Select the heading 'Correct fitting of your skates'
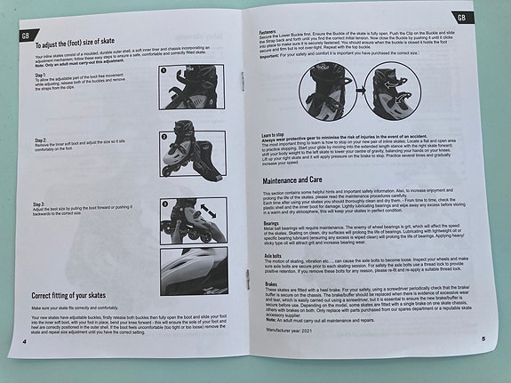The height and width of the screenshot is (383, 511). point(82,295)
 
